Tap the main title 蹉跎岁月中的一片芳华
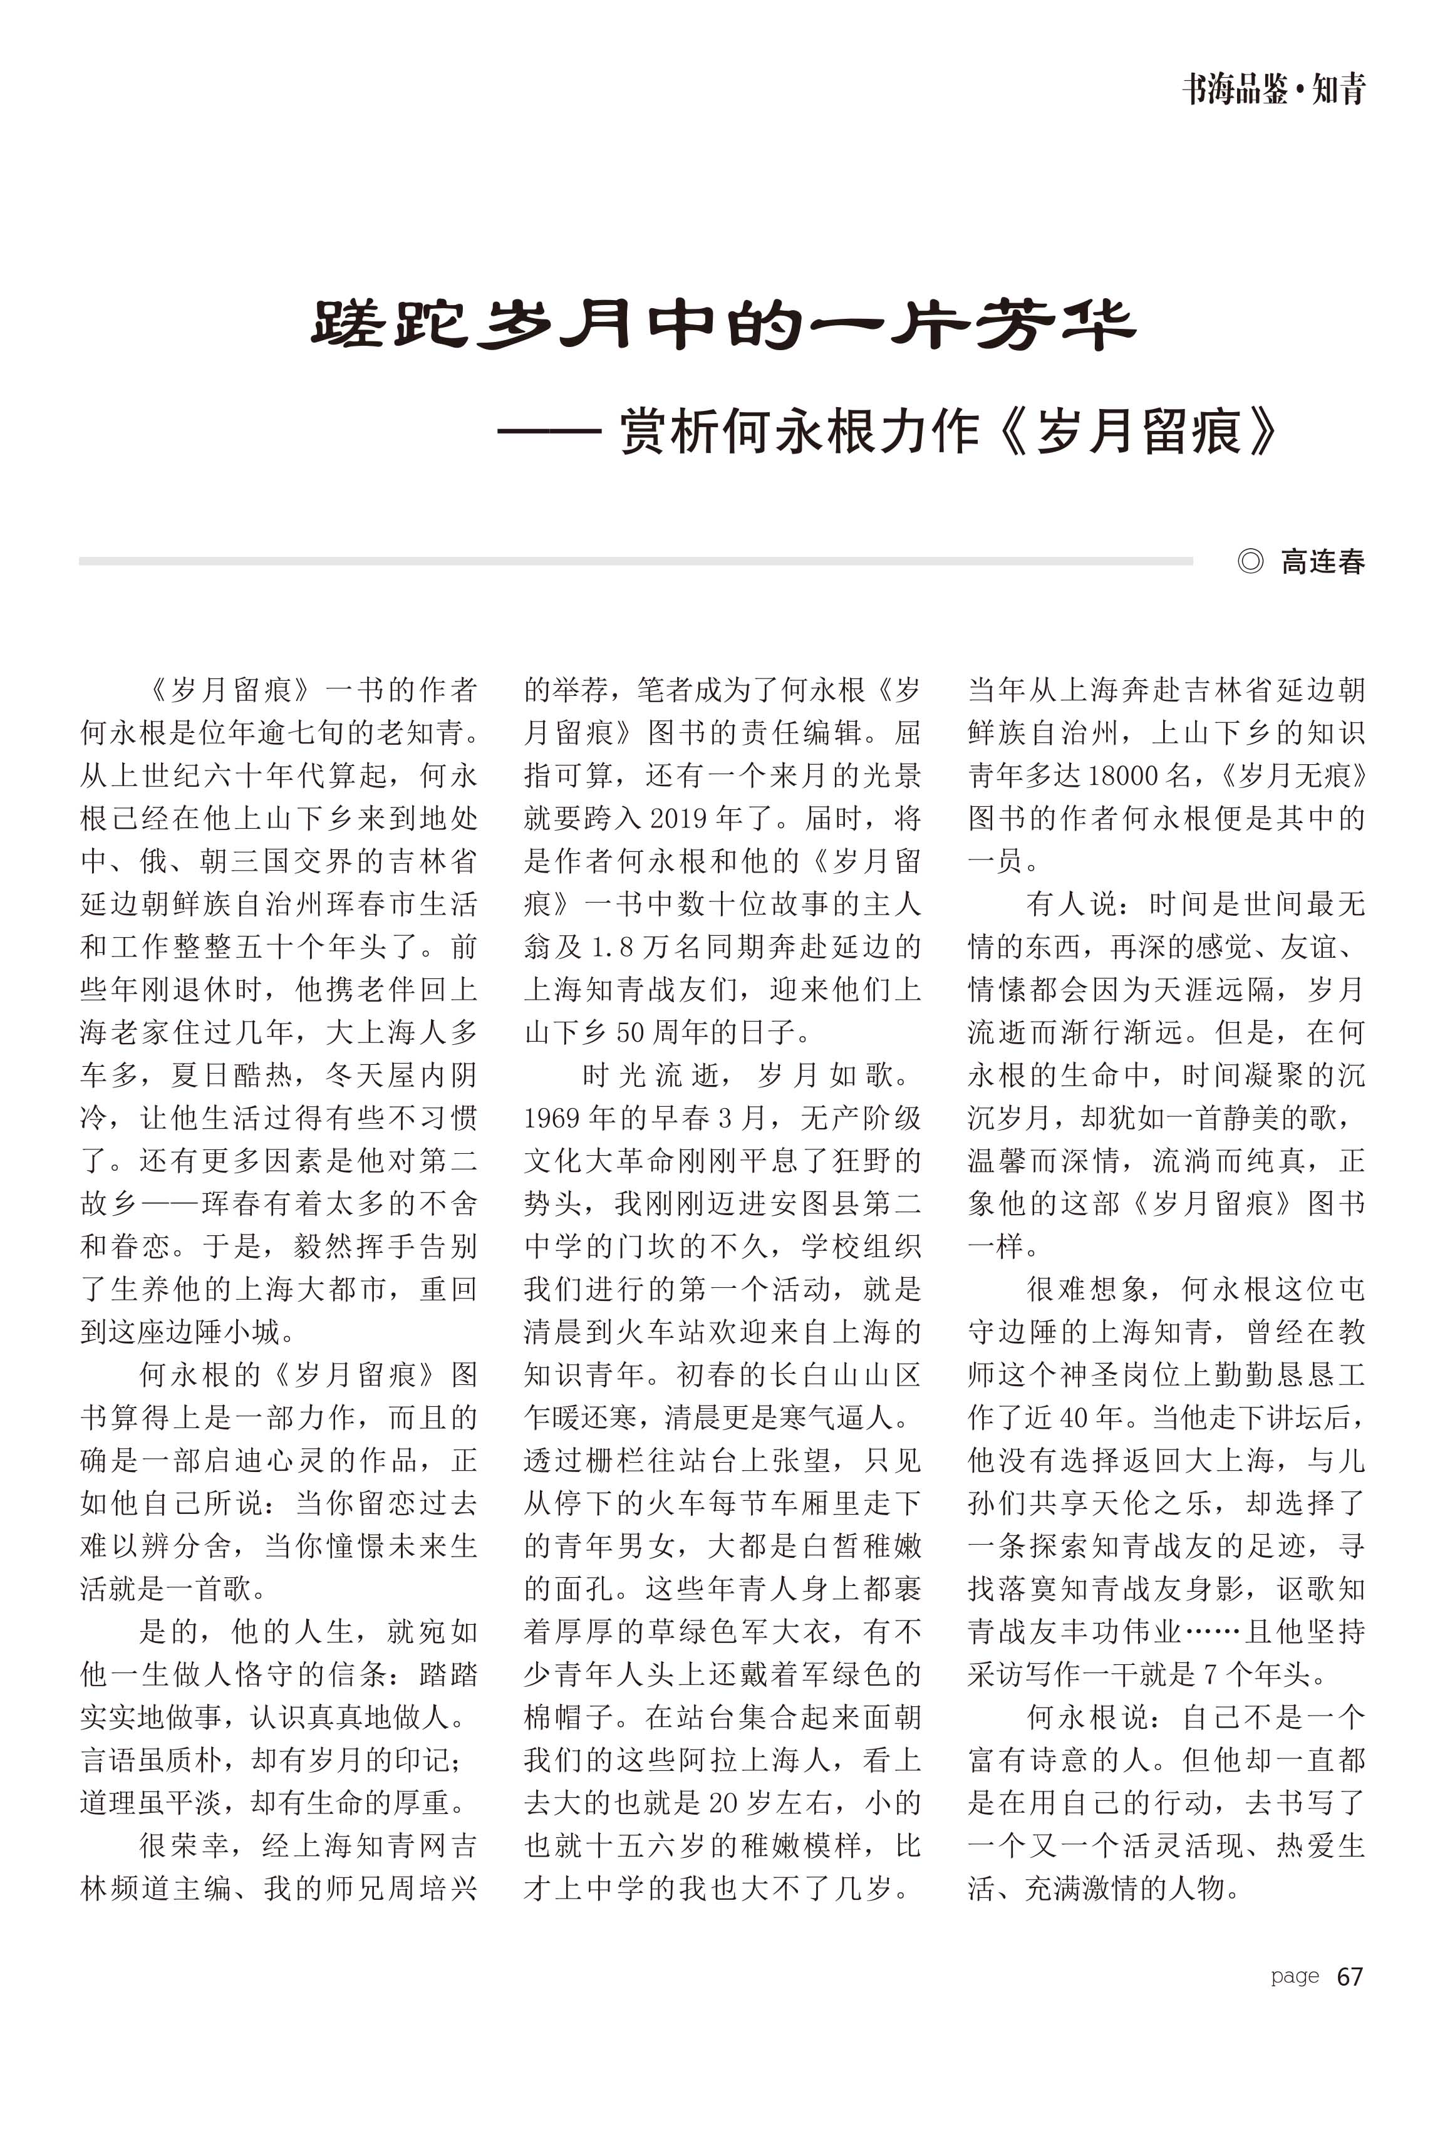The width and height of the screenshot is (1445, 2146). click(723, 324)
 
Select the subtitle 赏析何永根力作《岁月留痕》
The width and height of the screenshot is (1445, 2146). click(949, 431)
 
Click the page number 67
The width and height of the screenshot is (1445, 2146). click(1349, 1976)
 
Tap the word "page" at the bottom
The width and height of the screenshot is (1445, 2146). click(1295, 1976)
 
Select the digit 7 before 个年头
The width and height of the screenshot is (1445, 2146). click(1211, 1675)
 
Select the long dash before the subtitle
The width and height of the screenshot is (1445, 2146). click(549, 431)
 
